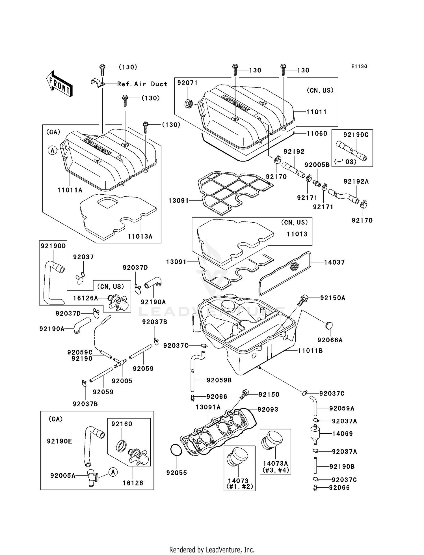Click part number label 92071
pyautogui.click(x=187, y=83)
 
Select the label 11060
pyautogui.click(x=317, y=133)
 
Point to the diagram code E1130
pyautogui.click(x=359, y=66)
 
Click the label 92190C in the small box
pyautogui.click(x=356, y=135)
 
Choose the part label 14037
pyautogui.click(x=334, y=262)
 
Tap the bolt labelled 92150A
pyautogui.click(x=303, y=300)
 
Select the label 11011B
pyautogui.click(x=310, y=350)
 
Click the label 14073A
pyautogui.click(x=275, y=463)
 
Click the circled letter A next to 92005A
pyautogui.click(x=113, y=472)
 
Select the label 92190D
pyautogui.click(x=53, y=246)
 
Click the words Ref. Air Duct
pyautogui.click(x=142, y=84)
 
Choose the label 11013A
pyautogui.click(x=140, y=236)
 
